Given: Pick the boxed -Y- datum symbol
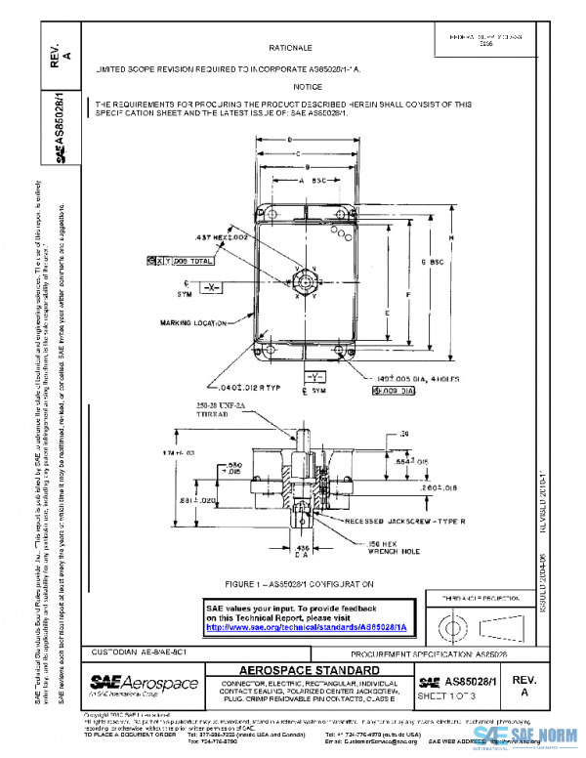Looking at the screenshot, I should coord(313,375).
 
